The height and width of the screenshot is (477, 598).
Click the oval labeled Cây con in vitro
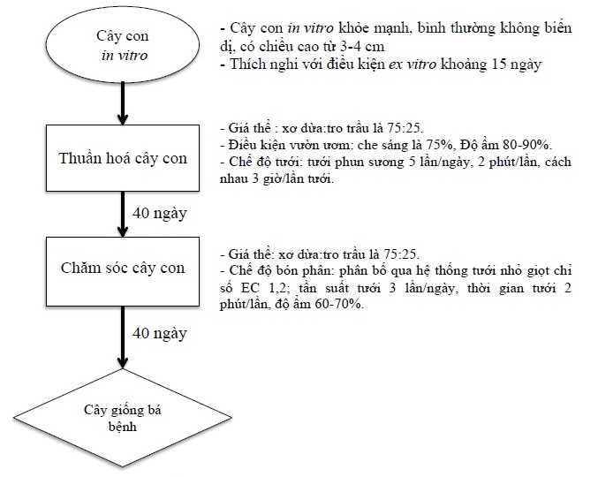(x=123, y=44)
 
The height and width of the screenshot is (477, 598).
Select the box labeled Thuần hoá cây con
(x=123, y=158)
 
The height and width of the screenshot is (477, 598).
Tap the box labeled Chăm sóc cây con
(x=123, y=271)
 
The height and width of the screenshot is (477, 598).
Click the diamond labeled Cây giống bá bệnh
(x=123, y=418)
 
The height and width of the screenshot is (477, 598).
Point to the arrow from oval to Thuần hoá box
(x=123, y=103)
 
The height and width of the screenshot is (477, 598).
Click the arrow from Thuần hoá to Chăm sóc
(x=123, y=214)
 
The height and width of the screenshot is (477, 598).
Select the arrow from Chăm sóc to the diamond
(x=123, y=337)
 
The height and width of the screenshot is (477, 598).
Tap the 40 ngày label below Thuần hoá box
(x=160, y=214)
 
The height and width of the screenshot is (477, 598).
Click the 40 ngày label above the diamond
(x=160, y=334)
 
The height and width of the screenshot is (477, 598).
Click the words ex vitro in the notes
(x=413, y=64)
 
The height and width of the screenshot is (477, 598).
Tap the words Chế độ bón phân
(x=281, y=270)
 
